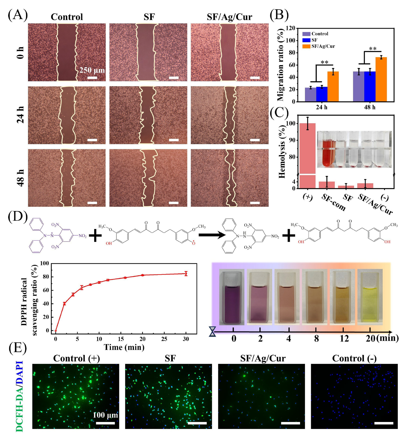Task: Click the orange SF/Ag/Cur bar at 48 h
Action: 381,79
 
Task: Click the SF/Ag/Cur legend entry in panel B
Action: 323,46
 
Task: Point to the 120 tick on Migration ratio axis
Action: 291,28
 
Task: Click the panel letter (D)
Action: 18,217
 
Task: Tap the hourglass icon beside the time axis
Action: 212,331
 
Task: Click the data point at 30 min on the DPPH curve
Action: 186,274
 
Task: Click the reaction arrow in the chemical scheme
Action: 212,235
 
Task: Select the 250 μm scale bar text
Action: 92,70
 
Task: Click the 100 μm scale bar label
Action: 105,415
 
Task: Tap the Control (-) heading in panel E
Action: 354,358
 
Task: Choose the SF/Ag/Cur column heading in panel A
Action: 229,17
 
